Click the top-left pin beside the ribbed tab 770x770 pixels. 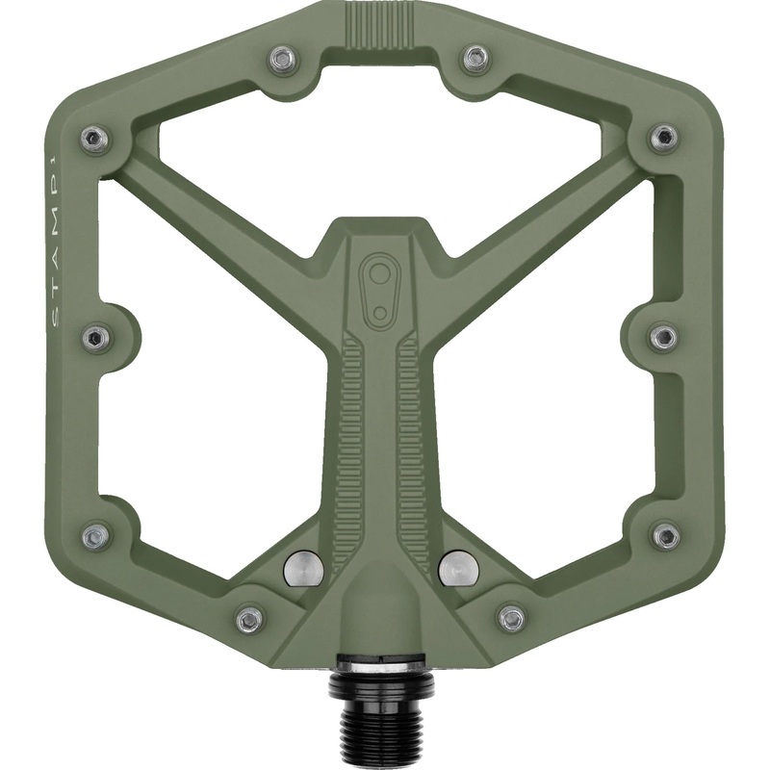point(281,60)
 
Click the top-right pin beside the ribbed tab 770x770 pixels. point(475,60)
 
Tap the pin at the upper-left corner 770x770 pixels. point(94,139)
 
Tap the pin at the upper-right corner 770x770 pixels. point(663,138)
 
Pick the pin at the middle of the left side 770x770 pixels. point(96,338)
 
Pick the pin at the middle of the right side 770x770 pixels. point(662,337)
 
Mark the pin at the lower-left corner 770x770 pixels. point(94,536)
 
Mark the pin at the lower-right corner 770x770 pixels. point(665,536)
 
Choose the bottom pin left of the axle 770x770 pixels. point(249,617)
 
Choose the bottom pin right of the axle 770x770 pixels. point(511,617)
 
